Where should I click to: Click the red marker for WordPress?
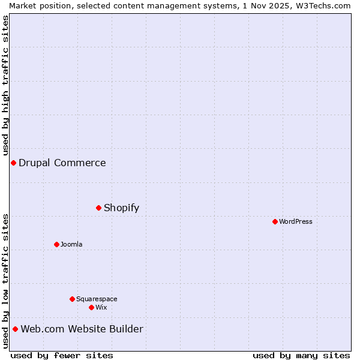[x=275, y=221]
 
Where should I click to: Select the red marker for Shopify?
[x=98, y=208]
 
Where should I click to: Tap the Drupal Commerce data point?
[x=13, y=163]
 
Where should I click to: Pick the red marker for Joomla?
[x=56, y=244]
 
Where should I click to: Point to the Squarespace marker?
[x=72, y=299]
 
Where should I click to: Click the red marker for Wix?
[x=91, y=307]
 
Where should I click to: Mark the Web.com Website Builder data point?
[x=15, y=329]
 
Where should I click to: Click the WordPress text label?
[x=296, y=221]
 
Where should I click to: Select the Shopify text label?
[x=121, y=208]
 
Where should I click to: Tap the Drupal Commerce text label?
[x=62, y=163]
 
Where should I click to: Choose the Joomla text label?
[x=71, y=244]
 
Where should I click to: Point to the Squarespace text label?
[x=97, y=299]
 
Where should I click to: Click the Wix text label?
[x=101, y=307]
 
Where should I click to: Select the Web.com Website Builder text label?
[x=82, y=329]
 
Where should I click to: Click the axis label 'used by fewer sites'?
[x=62, y=355]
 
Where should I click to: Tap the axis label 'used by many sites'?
[x=301, y=355]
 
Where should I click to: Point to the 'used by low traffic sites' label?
[x=5, y=280]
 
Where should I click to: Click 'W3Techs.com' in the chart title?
[x=322, y=5]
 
